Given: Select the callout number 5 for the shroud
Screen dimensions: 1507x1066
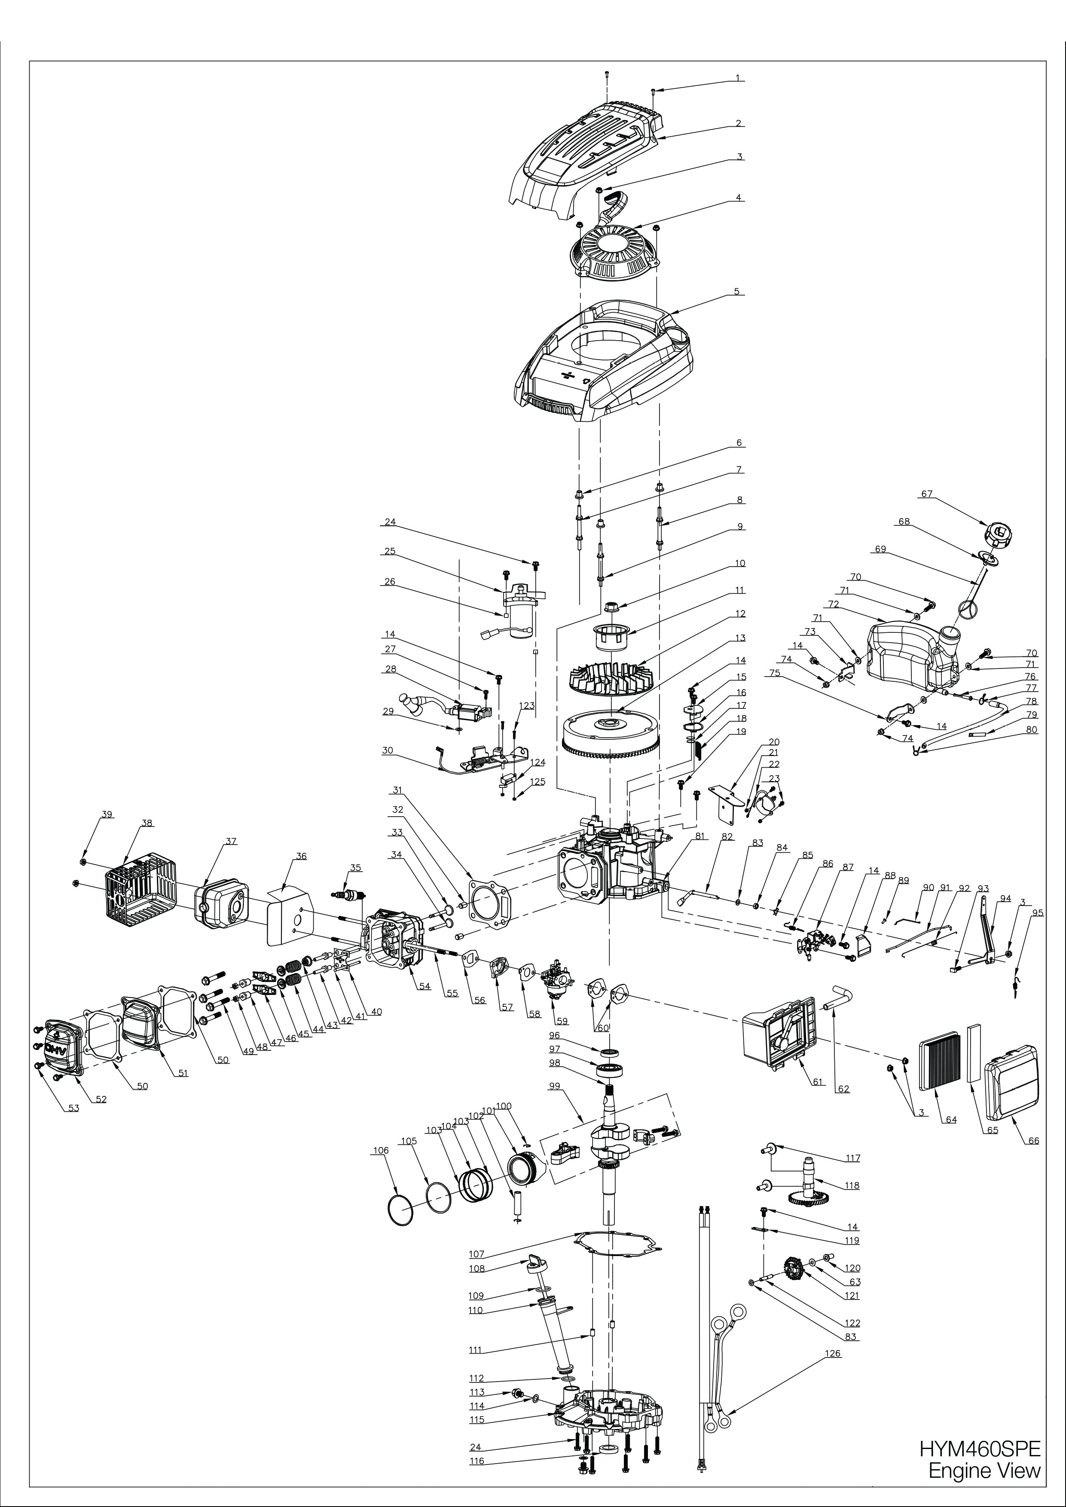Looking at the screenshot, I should (736, 291).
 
